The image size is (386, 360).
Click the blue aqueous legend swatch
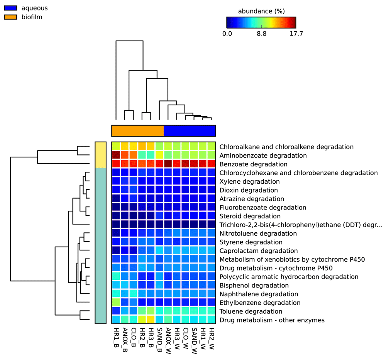[x=10, y=8]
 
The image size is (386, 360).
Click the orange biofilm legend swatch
[x=10, y=17]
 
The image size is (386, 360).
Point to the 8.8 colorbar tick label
[x=261, y=34]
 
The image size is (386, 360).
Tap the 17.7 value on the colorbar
[x=296, y=34]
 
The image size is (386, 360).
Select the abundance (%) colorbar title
[x=261, y=11]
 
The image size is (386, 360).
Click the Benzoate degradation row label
[x=253, y=164]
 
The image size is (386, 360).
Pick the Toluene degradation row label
[x=251, y=311]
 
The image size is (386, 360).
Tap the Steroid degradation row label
[x=250, y=216]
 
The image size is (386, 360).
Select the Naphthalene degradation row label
[x=259, y=294]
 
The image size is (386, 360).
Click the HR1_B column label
[x=116, y=337]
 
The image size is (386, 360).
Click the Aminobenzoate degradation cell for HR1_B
[x=116, y=155]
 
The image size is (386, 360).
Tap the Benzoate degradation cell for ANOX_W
[x=168, y=164]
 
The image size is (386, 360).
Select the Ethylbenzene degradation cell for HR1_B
[x=116, y=303]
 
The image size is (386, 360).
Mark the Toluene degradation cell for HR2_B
[x=142, y=311]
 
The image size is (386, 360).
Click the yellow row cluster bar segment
[x=100, y=155]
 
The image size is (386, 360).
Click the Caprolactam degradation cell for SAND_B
[x=159, y=250]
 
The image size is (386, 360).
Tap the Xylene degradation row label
[x=249, y=182]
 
